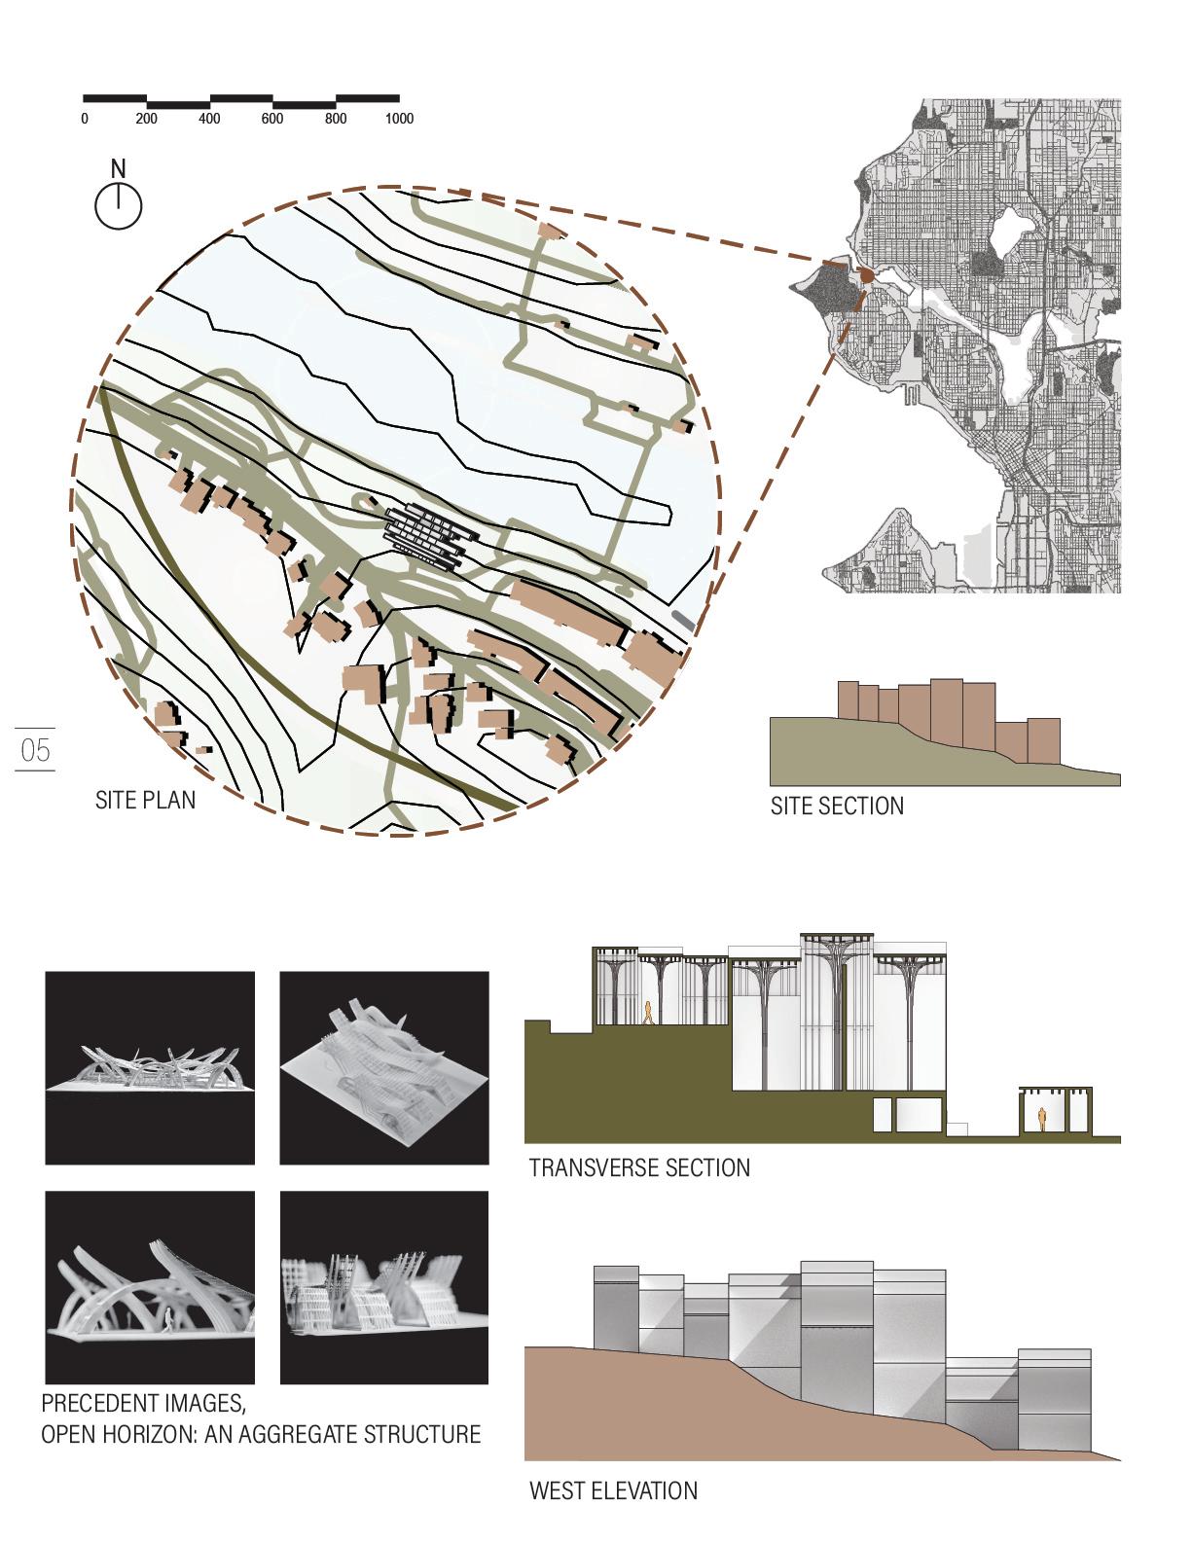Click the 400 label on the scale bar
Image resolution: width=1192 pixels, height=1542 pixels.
point(209,119)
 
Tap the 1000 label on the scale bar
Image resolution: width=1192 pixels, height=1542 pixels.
point(399,119)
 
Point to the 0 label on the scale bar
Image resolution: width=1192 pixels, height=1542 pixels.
point(85,119)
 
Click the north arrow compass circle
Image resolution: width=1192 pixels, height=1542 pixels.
point(119,206)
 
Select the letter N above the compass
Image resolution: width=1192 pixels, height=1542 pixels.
point(118,169)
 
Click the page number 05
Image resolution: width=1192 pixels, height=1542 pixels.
point(35,750)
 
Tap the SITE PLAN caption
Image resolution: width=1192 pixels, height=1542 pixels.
point(145,800)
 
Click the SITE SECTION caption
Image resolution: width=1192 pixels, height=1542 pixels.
point(837,806)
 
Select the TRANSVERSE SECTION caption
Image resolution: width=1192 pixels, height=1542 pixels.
point(639,1167)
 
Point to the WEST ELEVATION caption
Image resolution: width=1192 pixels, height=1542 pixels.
point(613,1490)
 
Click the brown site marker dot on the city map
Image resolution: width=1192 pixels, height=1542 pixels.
point(865,276)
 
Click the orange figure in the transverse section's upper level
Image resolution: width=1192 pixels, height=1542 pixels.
point(645,1013)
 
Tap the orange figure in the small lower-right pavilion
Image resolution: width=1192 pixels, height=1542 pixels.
point(1043,1120)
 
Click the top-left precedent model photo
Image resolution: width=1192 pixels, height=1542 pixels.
point(150,1067)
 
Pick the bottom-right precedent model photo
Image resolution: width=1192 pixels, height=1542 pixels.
point(384,1287)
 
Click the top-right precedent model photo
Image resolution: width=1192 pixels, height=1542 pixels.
point(384,1067)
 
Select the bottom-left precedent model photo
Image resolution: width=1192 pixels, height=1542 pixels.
point(150,1287)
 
